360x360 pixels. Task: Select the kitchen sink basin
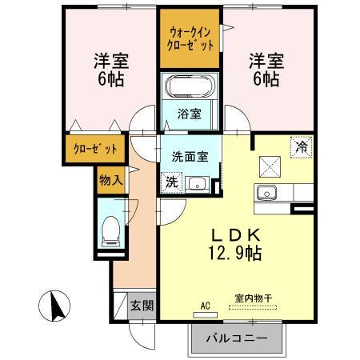[x=265, y=194]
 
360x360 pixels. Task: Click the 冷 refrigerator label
[x=301, y=146]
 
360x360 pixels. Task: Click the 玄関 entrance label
[x=144, y=306]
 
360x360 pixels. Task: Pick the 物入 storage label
[x=111, y=180]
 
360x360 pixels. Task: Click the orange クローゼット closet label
[x=95, y=149]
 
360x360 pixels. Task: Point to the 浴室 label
[x=189, y=114]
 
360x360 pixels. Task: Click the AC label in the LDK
[x=205, y=305]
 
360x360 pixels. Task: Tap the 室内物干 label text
[x=253, y=298]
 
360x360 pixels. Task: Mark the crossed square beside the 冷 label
[x=269, y=166]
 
